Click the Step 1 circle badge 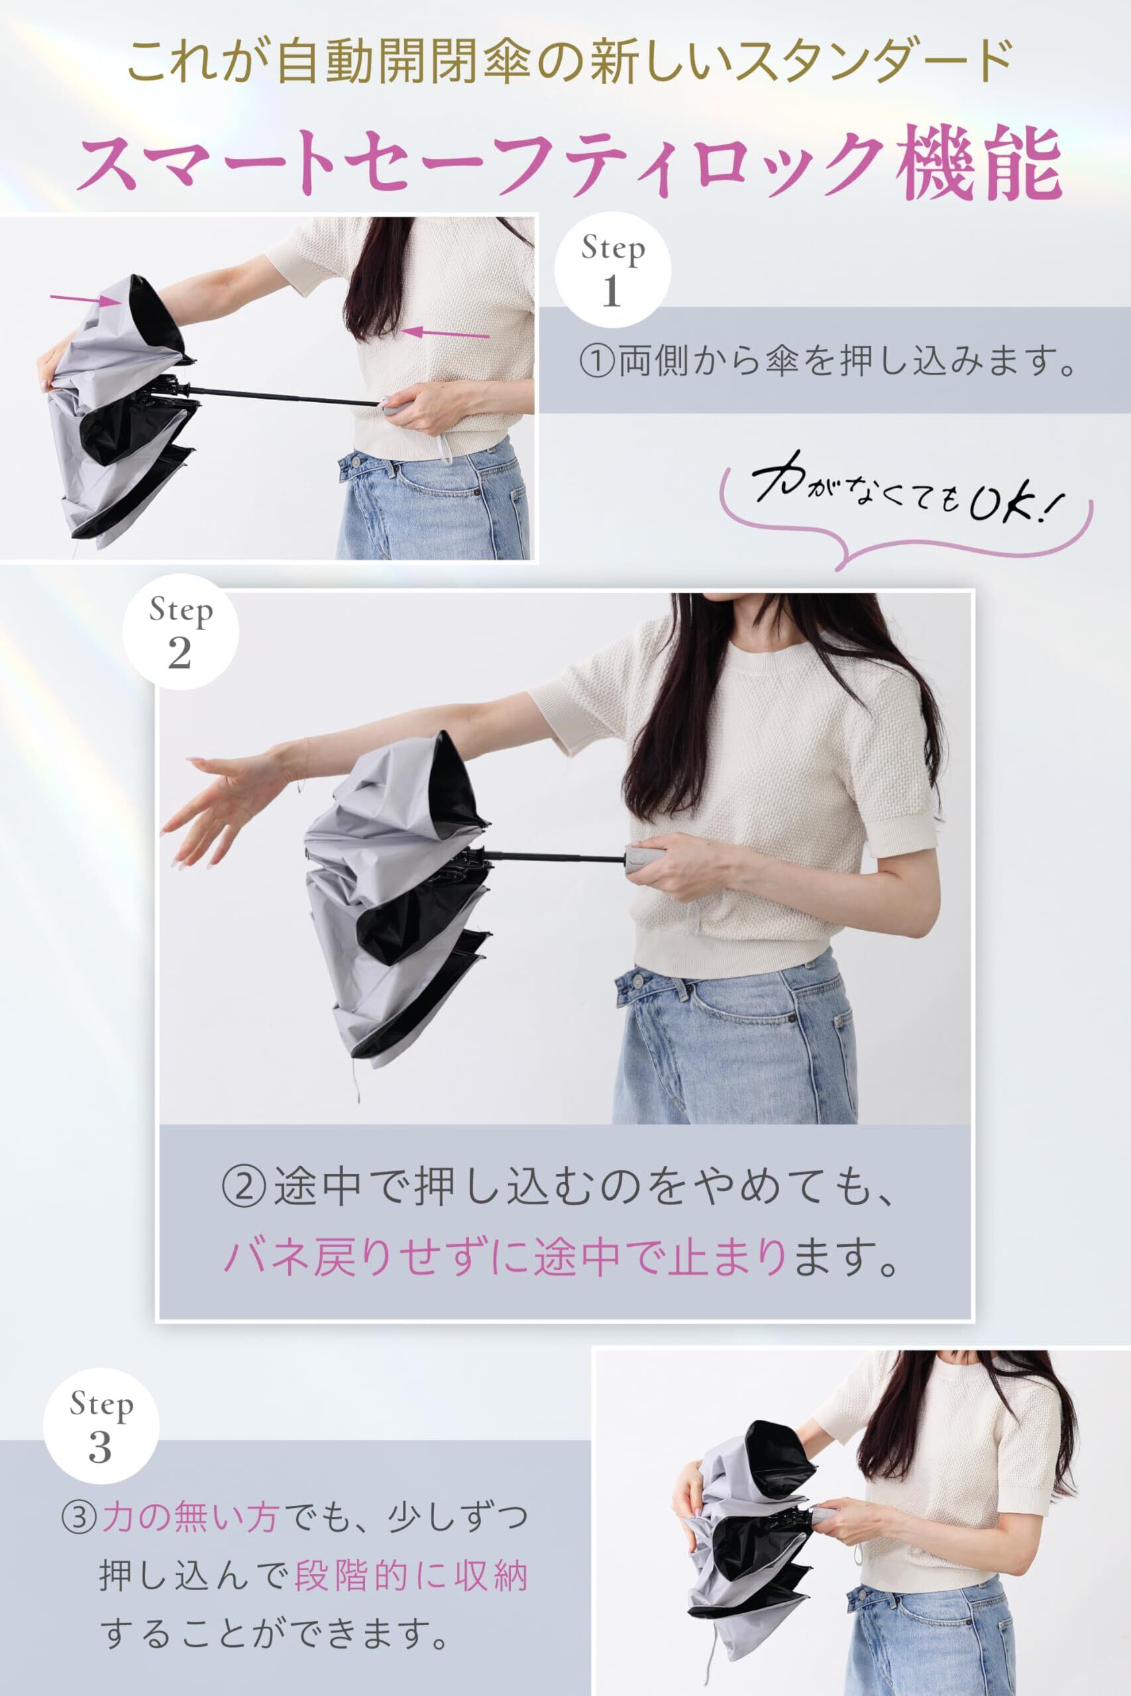tap(612, 272)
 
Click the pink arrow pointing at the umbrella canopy tap(85, 299)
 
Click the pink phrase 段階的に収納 tap(412, 1571)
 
